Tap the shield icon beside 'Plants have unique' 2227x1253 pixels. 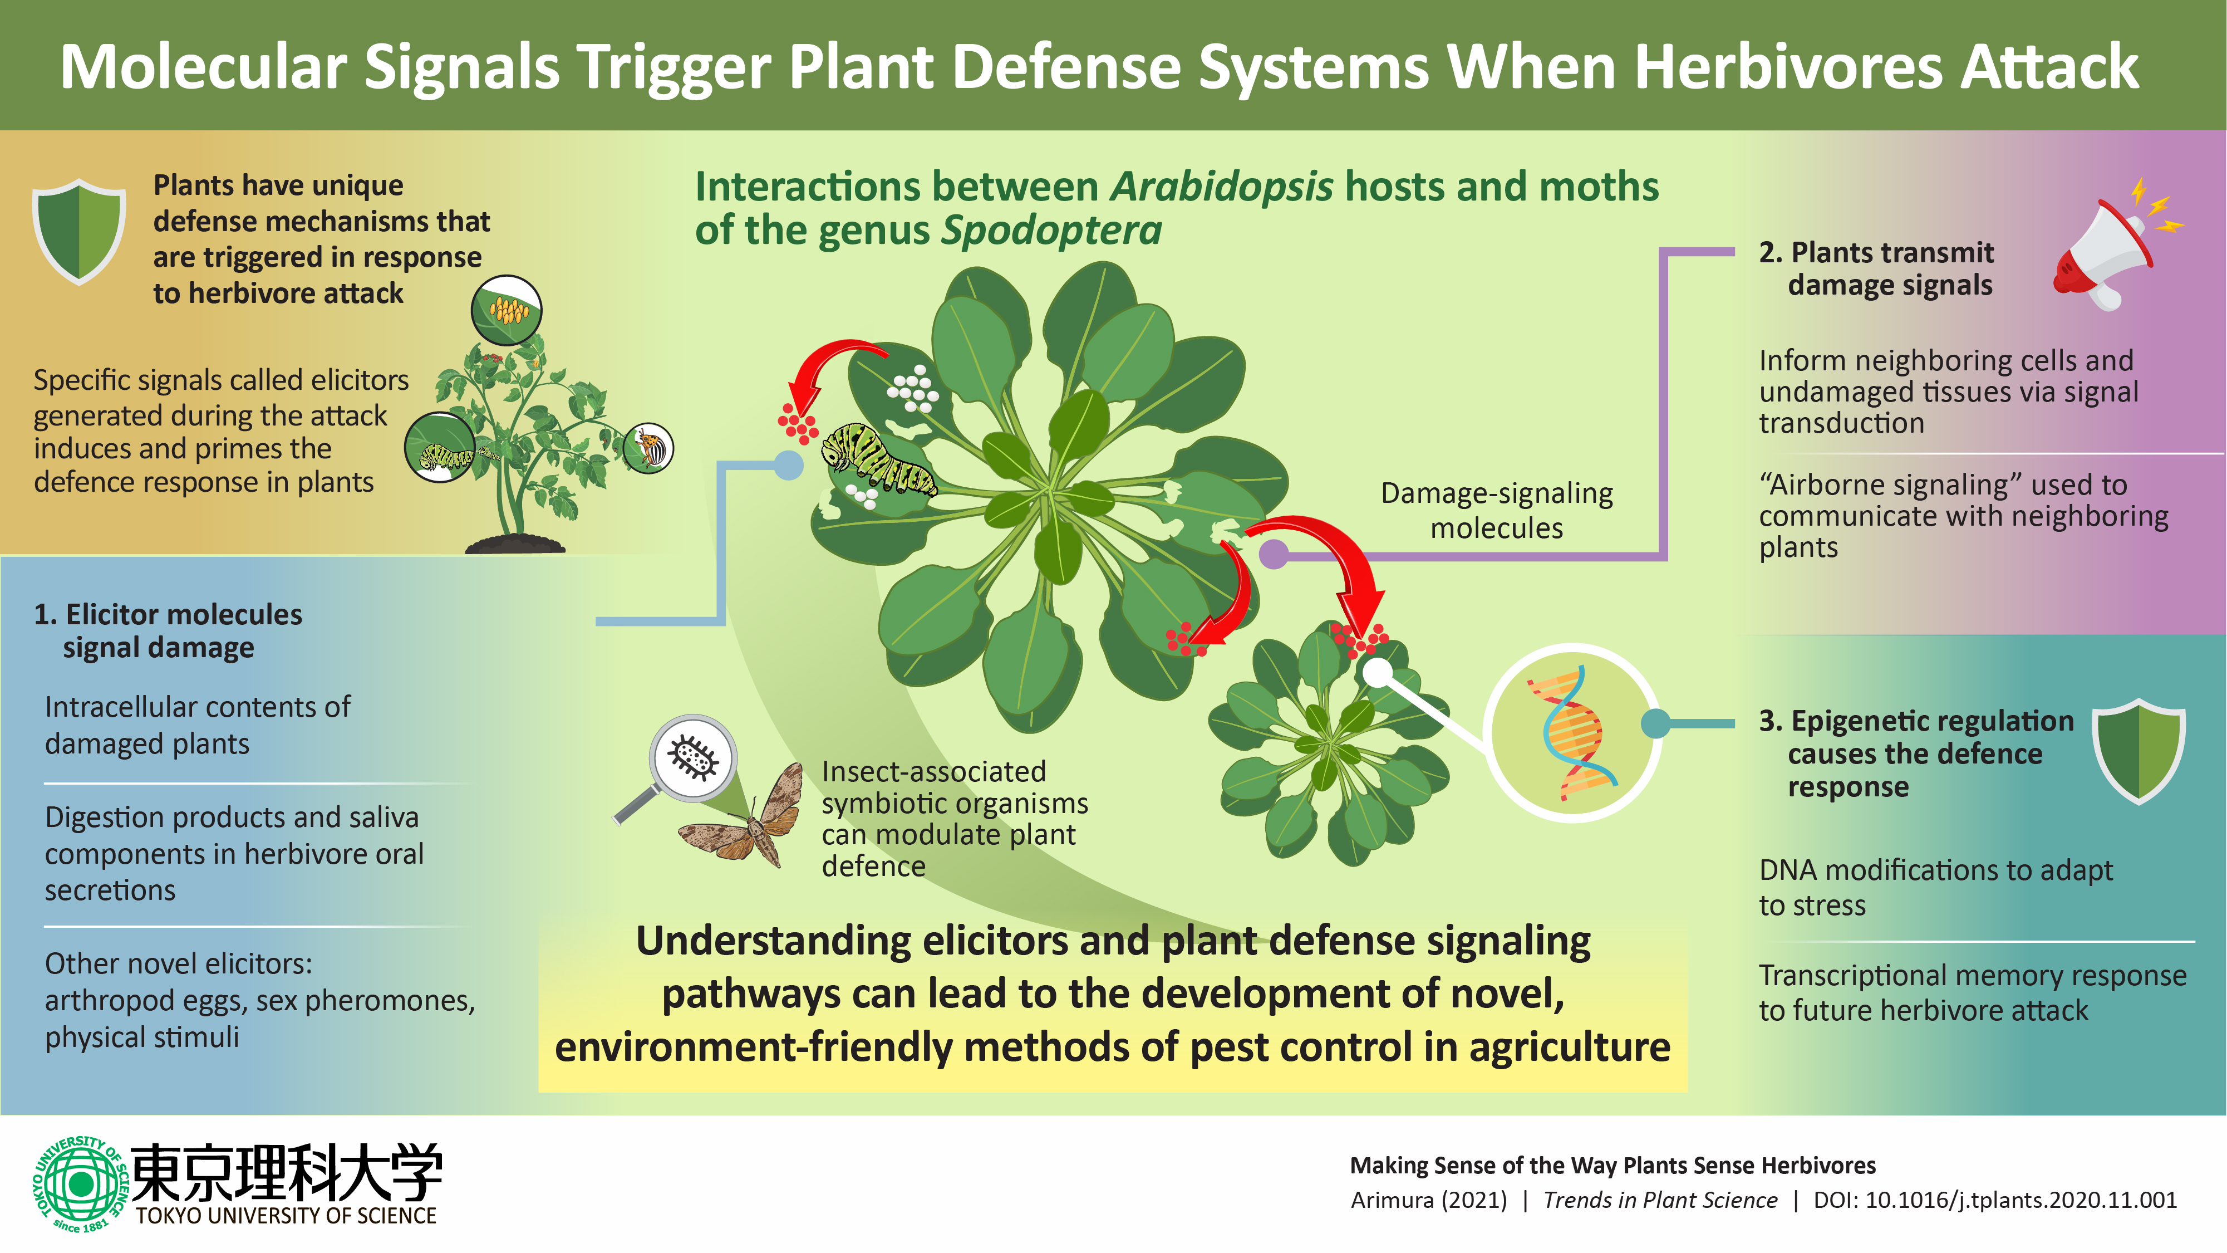tap(78, 231)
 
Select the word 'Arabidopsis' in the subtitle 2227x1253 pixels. tap(1222, 187)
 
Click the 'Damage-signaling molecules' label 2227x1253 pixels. tap(1497, 510)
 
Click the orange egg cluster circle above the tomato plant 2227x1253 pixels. tap(507, 310)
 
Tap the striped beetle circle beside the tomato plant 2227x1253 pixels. tap(648, 448)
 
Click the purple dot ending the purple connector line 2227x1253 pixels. tap(1274, 554)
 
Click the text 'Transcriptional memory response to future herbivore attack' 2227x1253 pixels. tap(1971, 993)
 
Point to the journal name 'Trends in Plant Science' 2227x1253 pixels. tap(1660, 1200)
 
